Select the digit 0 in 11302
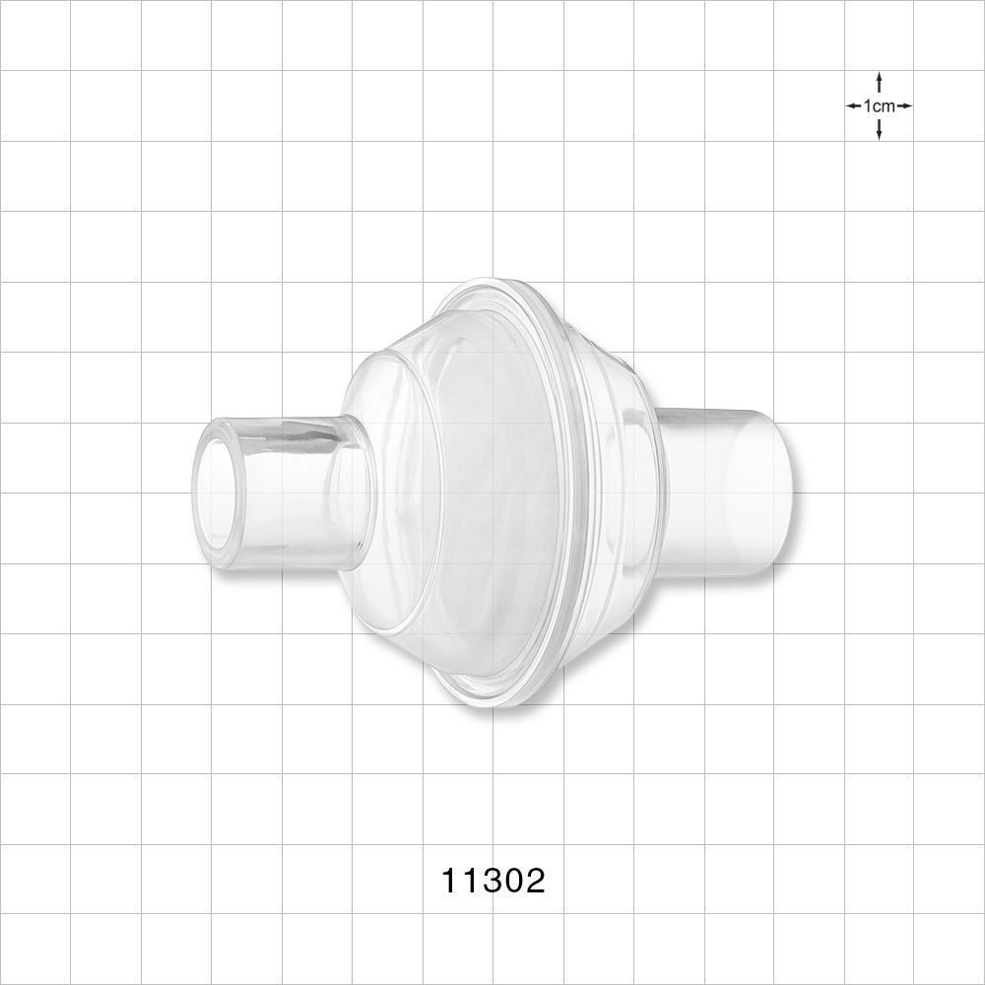[x=513, y=880]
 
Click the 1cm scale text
[x=879, y=105]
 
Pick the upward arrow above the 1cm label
[x=879, y=81]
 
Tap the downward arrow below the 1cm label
[x=879, y=130]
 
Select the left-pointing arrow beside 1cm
[x=853, y=105]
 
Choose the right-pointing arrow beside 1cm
[x=904, y=105]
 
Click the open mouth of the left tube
[x=220, y=492]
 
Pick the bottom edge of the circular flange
[x=492, y=704]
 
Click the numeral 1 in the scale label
[x=868, y=105]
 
